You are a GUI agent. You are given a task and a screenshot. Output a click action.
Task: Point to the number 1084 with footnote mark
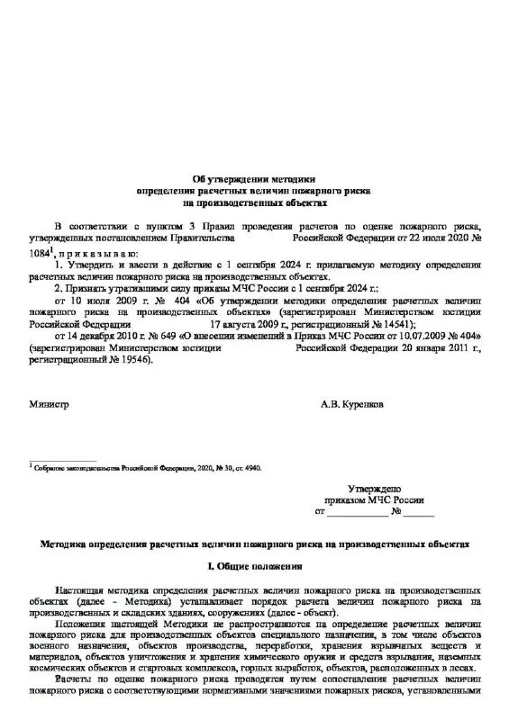(42, 255)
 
